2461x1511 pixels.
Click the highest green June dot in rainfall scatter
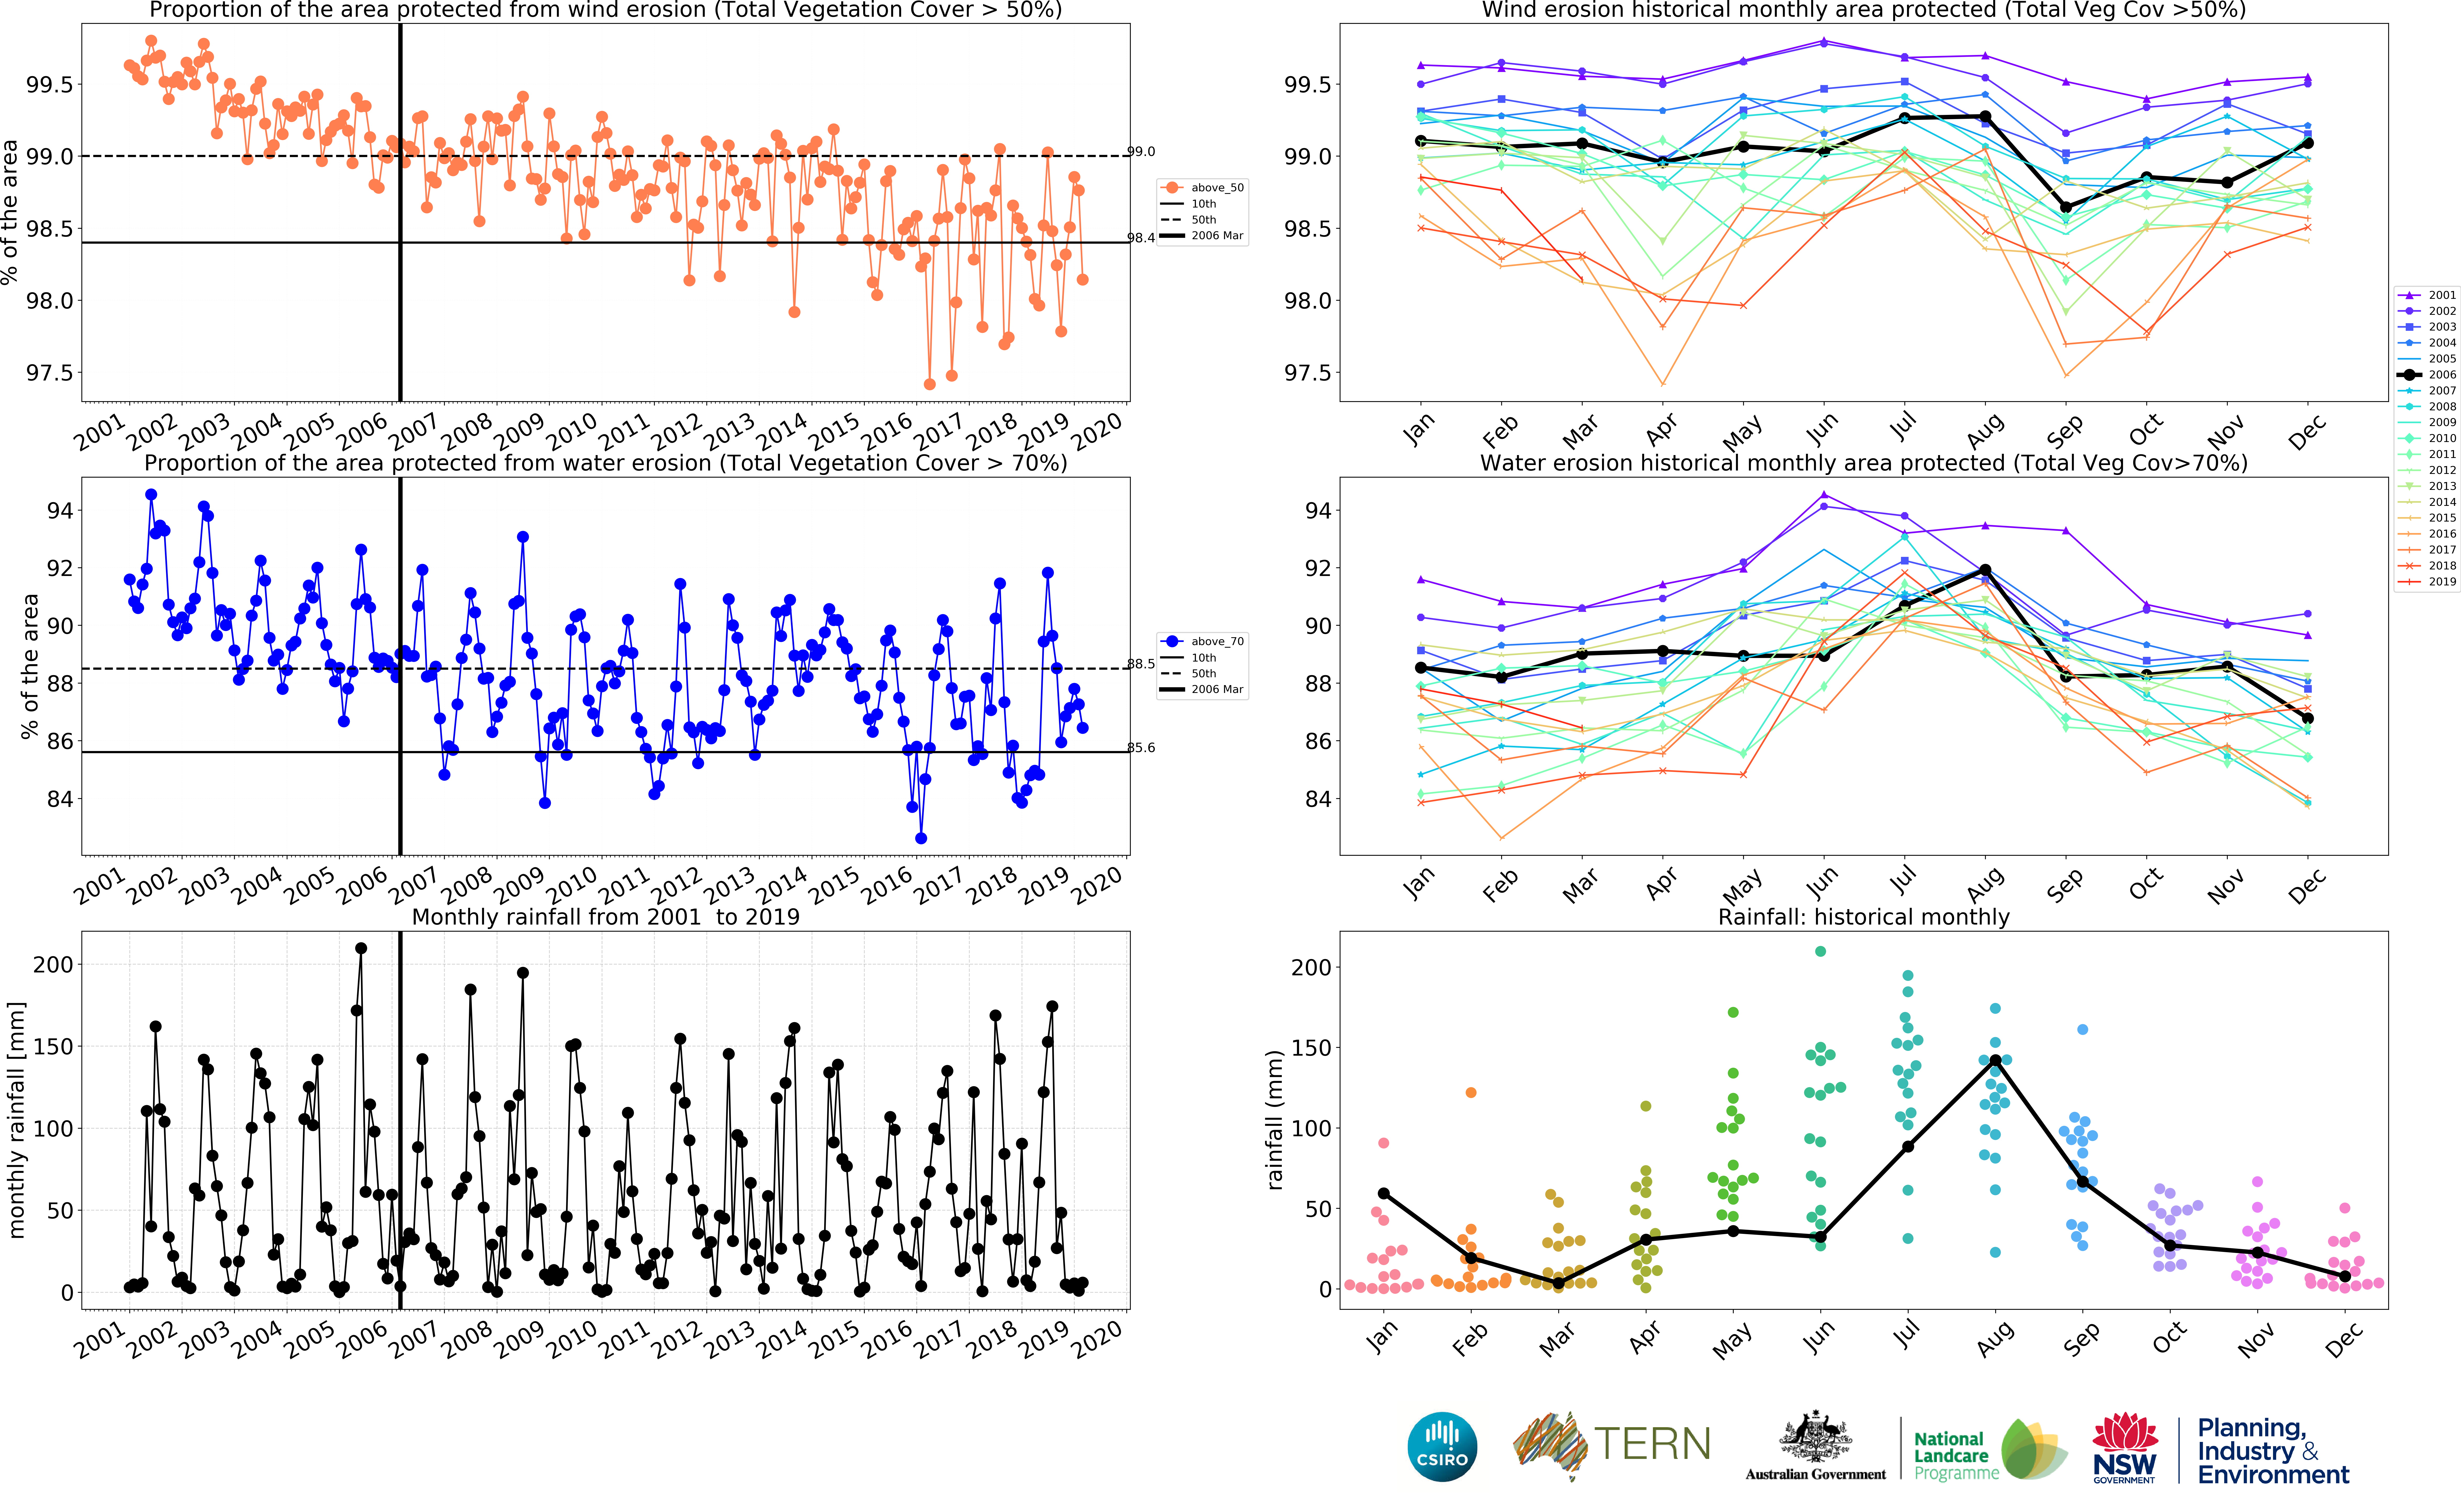pos(1820,951)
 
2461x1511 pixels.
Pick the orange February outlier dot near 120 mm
pos(1470,1092)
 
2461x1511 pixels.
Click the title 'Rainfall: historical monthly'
pos(1863,916)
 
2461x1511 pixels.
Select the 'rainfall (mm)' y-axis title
pos(1274,1119)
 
